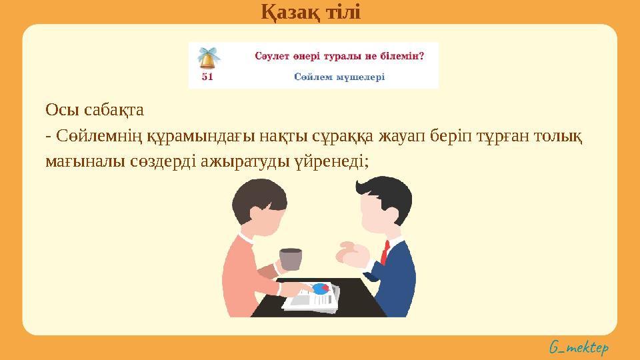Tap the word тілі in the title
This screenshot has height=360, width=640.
pos(342,11)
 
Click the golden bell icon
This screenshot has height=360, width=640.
pos(209,59)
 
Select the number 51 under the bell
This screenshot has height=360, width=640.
pos(207,77)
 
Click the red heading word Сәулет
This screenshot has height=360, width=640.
pos(273,55)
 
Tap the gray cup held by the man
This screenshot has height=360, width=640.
pos(290,259)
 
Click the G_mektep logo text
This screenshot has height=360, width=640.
pos(579,347)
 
